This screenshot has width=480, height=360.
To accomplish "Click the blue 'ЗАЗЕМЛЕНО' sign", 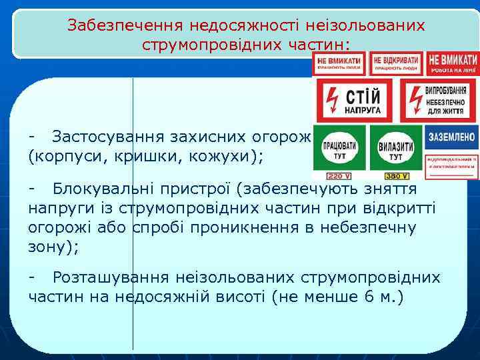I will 452,137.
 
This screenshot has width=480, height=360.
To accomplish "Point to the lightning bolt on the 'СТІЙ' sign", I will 332,101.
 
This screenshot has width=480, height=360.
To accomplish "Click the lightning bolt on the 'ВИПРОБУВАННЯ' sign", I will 415,100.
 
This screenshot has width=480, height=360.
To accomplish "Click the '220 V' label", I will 339,176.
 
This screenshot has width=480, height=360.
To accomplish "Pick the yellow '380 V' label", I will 395,176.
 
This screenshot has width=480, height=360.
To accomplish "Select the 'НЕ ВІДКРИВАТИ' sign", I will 396,64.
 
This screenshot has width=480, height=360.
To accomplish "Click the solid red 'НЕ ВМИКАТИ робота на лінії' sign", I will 453,63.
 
